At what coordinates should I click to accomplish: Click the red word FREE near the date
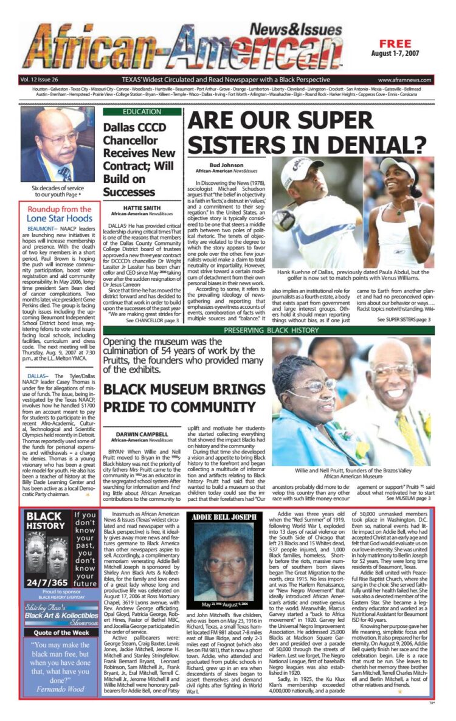coord(398,44)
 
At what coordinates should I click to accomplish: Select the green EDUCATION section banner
coord(142,112)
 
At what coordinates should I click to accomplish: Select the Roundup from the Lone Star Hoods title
coord(60,214)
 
